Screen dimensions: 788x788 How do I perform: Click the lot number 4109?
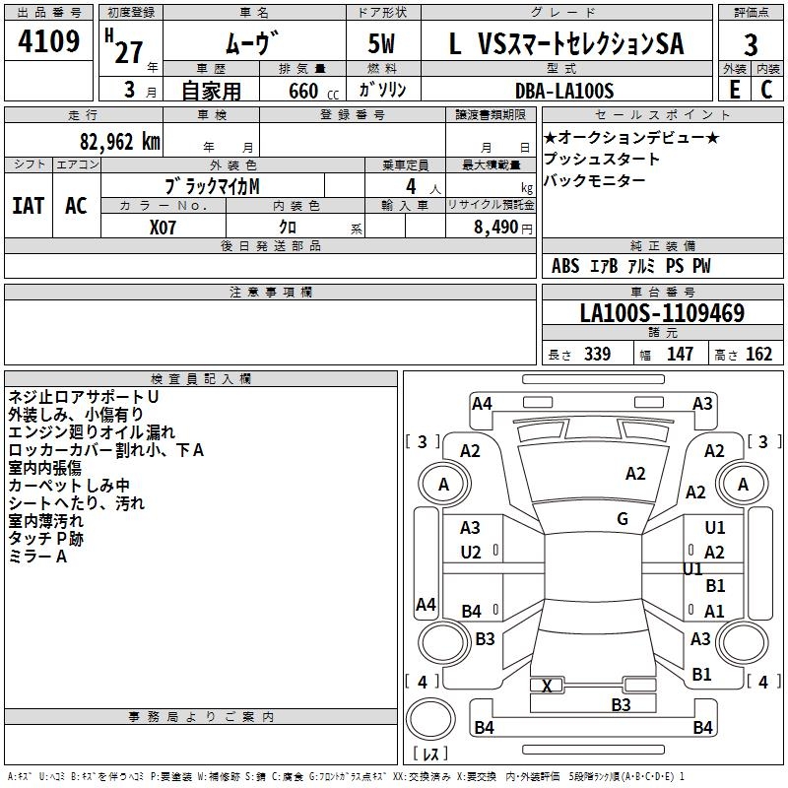pyautogui.click(x=48, y=41)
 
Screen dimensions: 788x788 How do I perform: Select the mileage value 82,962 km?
pyautogui.click(x=120, y=142)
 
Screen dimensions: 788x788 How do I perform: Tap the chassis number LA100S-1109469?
pyautogui.click(x=662, y=313)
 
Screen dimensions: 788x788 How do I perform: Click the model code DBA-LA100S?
pyautogui.click(x=564, y=91)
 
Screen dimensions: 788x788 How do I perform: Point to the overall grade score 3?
pyautogui.click(x=751, y=45)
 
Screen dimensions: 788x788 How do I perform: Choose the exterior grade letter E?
pyautogui.click(x=735, y=90)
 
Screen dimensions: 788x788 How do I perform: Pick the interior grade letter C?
pyautogui.click(x=766, y=90)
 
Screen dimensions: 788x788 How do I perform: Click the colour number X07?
pyautogui.click(x=163, y=228)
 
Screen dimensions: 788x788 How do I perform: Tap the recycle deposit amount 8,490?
pyautogui.click(x=496, y=228)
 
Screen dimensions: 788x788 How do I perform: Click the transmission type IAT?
pyautogui.click(x=29, y=206)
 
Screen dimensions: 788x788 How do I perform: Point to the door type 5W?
pyautogui.click(x=381, y=43)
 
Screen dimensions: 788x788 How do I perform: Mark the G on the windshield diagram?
pyautogui.click(x=623, y=519)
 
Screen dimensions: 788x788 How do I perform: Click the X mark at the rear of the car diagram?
pyautogui.click(x=547, y=686)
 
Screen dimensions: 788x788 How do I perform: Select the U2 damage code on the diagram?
pyautogui.click(x=471, y=553)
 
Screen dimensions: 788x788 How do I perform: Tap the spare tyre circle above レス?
pyautogui.click(x=430, y=718)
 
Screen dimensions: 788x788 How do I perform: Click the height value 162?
pyautogui.click(x=758, y=354)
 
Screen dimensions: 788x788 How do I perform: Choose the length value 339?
pyautogui.click(x=598, y=354)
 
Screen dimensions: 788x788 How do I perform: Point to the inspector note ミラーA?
pyautogui.click(x=37, y=557)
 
